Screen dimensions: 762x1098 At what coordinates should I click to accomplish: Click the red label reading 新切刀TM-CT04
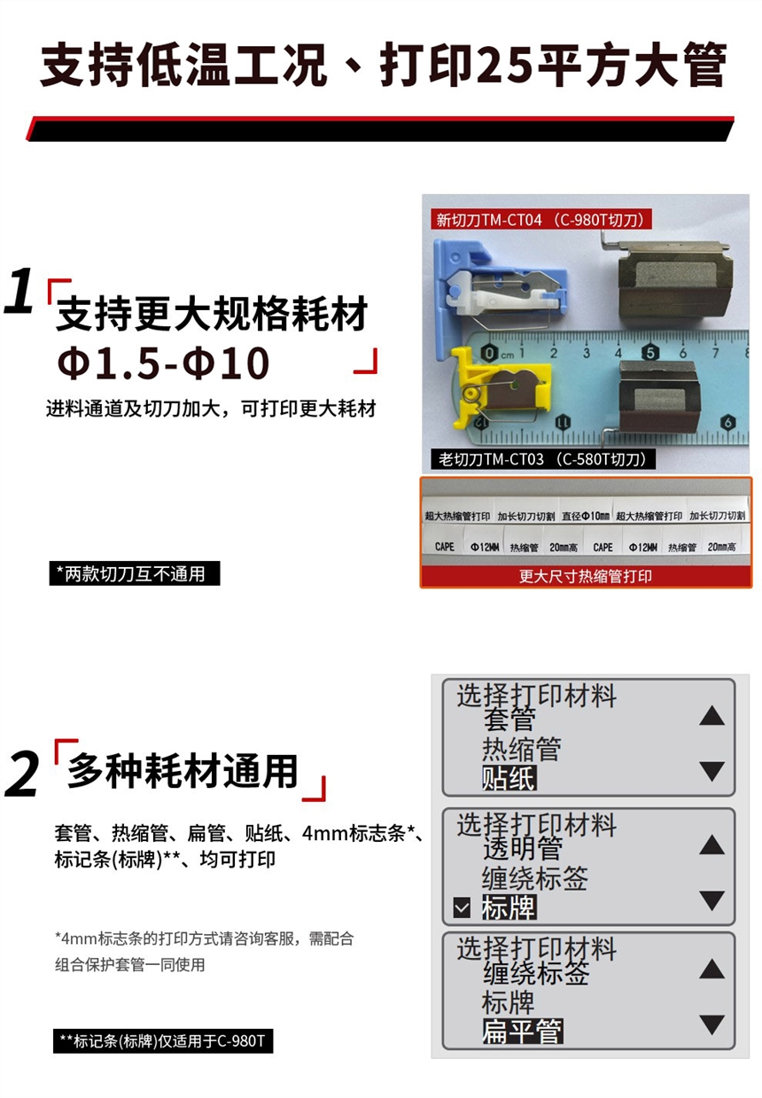541,219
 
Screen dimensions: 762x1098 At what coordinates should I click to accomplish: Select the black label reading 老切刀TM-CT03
543,459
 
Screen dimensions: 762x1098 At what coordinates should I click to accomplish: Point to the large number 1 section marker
19,292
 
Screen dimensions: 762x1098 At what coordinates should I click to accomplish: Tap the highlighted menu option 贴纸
509,778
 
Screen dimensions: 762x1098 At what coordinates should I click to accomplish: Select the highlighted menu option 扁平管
523,1031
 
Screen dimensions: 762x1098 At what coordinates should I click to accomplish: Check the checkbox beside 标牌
462,907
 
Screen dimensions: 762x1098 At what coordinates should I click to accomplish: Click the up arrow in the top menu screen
712,716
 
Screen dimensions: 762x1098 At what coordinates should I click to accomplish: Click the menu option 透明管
523,848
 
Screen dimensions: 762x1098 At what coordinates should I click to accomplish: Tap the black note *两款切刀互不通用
135,573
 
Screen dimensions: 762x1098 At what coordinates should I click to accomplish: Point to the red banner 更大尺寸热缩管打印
586,576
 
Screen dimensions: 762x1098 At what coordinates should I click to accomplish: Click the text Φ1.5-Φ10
163,363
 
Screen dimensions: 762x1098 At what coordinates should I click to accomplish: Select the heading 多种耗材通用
183,771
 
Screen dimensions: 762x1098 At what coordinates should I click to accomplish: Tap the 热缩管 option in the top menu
522,750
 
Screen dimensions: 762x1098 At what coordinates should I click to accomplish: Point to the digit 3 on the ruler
586,352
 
